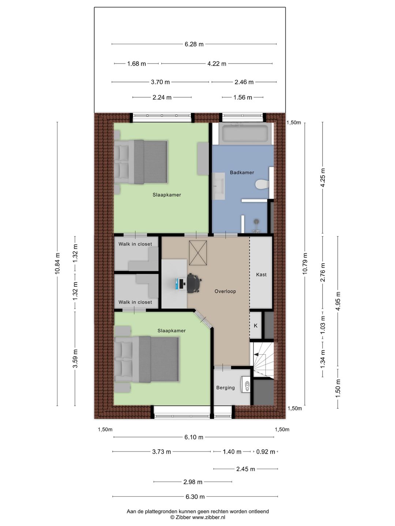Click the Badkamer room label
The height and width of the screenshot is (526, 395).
(242, 172)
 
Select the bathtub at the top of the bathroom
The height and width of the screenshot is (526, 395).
(245, 134)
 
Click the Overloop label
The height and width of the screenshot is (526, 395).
(225, 291)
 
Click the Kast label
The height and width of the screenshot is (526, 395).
(261, 275)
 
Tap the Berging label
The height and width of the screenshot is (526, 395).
(225, 388)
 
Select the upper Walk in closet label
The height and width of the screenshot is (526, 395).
(135, 244)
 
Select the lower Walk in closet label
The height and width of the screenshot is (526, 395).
(135, 302)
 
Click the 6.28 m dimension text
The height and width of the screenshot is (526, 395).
(194, 44)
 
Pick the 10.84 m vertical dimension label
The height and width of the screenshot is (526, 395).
(57, 263)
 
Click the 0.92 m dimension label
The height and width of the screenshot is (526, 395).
(266, 452)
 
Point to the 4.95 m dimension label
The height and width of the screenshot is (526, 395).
(338, 301)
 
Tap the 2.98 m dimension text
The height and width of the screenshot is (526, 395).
(193, 482)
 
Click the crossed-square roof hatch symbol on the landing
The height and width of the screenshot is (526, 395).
(198, 253)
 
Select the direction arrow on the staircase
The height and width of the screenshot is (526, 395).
(257, 354)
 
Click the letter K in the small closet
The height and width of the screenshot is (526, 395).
(255, 325)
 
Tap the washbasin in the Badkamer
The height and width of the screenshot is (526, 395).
(219, 186)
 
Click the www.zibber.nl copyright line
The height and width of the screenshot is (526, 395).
(197, 517)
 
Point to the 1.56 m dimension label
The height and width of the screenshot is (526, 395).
(242, 98)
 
